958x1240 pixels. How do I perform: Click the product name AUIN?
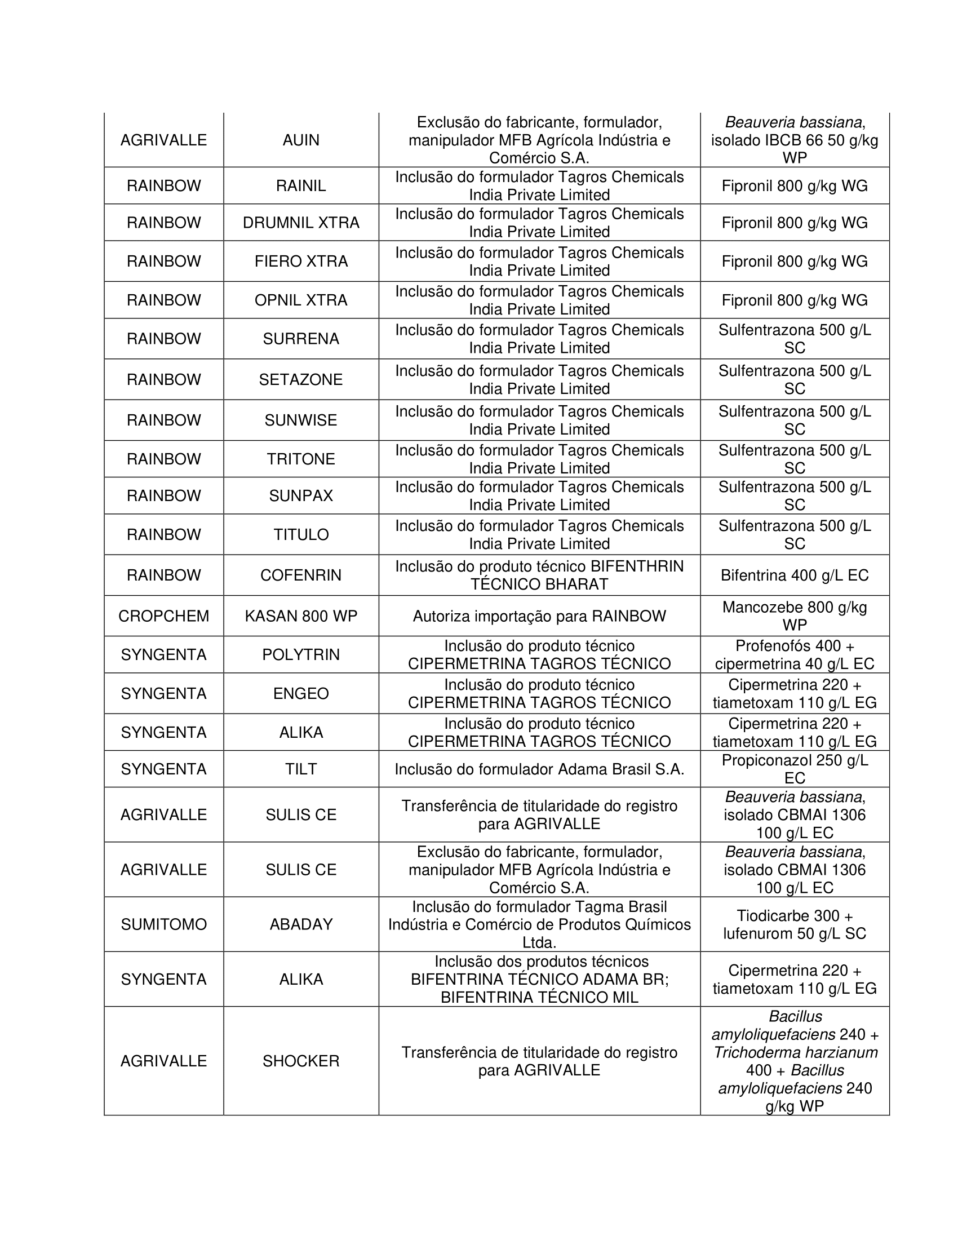pos(301,140)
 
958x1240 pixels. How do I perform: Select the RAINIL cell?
pos(301,185)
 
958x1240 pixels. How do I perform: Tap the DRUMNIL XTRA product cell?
pos(301,223)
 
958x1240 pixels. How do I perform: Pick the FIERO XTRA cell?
pos(301,261)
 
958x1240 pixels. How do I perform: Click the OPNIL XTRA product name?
pos(301,300)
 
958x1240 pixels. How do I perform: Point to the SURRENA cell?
pos(301,338)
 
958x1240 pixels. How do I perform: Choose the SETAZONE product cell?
pos(301,379)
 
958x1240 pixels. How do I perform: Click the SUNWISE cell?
pos(301,420)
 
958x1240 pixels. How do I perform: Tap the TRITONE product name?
pos(301,459)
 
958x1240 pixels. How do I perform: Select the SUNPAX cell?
pos(301,495)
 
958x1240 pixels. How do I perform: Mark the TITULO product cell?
pos(301,534)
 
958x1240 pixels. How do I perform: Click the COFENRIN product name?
pos(301,575)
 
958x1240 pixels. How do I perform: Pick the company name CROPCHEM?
pos(163,616)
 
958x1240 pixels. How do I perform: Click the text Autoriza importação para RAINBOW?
pos(539,616)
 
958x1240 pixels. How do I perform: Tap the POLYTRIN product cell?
pos(301,654)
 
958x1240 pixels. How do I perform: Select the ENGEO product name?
pos(301,693)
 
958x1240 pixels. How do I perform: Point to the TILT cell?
pos(301,769)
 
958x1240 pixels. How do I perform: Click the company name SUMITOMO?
pos(163,924)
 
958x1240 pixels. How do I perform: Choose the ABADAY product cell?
pos(301,924)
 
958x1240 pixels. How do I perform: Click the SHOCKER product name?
pos(301,1061)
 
